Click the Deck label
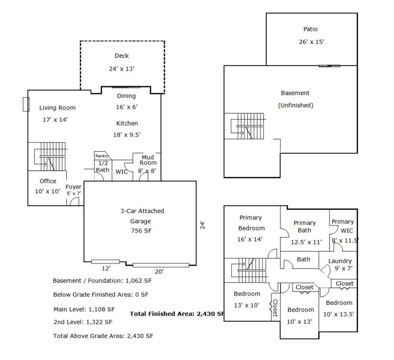pos(122,56)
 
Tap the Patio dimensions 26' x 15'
pos(312,42)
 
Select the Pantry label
pos(102,156)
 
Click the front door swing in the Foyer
pos(74,201)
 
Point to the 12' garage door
pos(105,262)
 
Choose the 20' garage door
pos(161,265)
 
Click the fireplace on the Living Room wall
pos(26,104)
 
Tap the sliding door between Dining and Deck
pos(126,87)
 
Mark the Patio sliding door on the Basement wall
pos(329,66)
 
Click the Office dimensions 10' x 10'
pos(47,191)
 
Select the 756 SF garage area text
pos(141,231)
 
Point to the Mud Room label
pos(148,160)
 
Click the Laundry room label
pos(340,261)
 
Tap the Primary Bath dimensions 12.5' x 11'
pos(306,242)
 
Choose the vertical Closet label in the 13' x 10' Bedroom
pos(275,308)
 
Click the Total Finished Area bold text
pos(177,314)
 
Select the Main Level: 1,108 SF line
pos(84,309)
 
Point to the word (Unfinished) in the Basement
pos(296,105)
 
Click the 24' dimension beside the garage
pos(202,225)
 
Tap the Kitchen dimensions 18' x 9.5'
pos(127,135)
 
